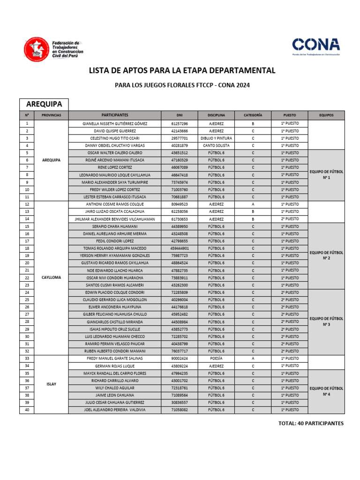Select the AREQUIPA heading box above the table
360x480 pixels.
coord(44,105)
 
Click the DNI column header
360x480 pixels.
coord(180,115)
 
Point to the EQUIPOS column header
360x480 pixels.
coord(326,115)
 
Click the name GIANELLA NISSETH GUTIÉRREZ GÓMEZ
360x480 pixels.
coord(115,123)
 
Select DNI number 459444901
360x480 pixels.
coord(180,248)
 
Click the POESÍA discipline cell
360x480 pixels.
coord(217,359)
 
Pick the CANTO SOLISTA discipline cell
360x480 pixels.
coord(217,145)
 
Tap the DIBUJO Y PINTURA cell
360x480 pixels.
coord(217,138)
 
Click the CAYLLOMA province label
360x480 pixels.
coord(52,277)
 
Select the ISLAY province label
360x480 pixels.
coord(52,384)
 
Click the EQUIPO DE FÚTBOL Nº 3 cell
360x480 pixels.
coord(326,322)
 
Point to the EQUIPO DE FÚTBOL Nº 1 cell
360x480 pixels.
coord(326,175)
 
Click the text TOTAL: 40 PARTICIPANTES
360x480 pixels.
coord(311,424)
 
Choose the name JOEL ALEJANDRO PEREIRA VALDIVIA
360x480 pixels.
coord(115,410)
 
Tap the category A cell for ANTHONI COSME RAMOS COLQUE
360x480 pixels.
coord(253,204)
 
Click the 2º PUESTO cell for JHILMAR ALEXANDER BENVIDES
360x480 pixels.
coord(289,219)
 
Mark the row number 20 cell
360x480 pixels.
coord(27,263)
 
